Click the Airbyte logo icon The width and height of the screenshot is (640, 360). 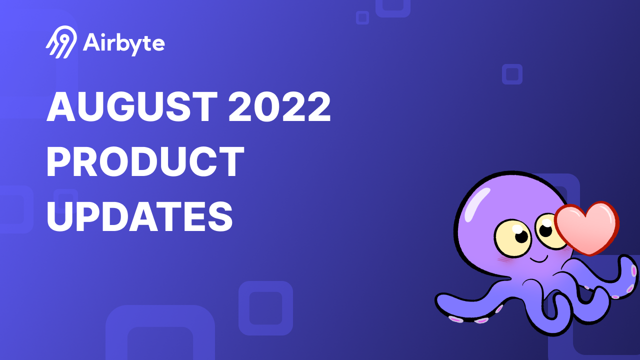[x=61, y=42]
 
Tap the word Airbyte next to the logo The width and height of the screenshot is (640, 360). [x=124, y=43]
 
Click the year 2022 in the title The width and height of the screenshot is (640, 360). [x=279, y=107]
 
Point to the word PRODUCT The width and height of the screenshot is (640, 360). [x=145, y=162]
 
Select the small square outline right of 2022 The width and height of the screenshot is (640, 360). [x=512, y=74]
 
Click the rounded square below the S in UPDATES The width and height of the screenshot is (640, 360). [x=265, y=308]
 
